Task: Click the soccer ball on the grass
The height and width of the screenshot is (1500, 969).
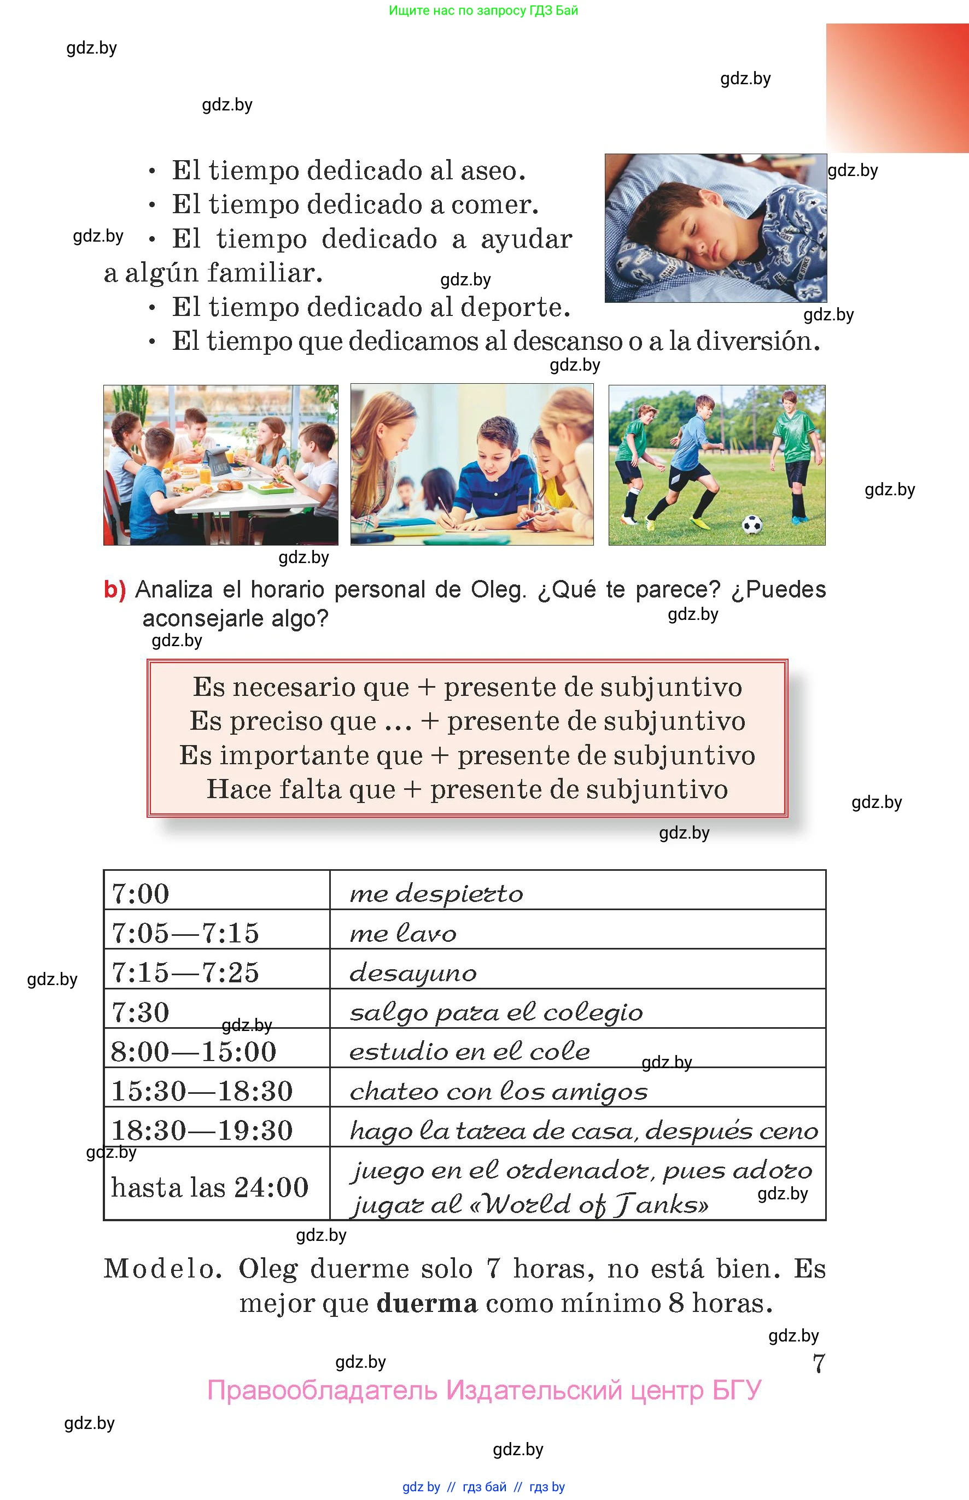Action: [752, 524]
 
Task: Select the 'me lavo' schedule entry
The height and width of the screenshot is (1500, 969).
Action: [402, 933]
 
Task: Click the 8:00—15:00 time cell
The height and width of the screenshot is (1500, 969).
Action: [194, 1052]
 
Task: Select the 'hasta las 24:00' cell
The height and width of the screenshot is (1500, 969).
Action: [209, 1187]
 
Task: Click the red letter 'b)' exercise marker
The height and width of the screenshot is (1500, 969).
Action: [114, 590]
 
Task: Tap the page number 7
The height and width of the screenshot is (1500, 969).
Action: [818, 1363]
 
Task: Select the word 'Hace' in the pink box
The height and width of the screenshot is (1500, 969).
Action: [238, 789]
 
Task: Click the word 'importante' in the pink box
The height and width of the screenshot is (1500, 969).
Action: [321, 755]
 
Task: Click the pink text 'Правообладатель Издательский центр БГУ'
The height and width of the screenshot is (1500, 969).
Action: [484, 1390]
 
